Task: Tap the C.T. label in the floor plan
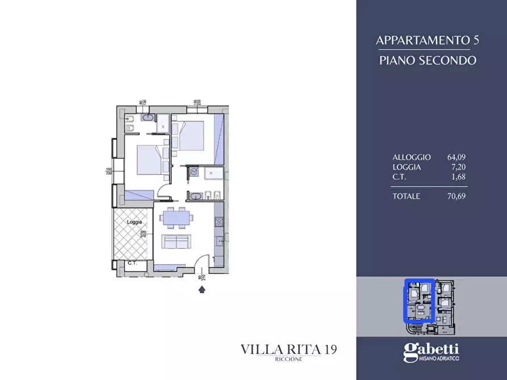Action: pos(133,263)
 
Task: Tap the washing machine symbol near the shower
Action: pos(194,172)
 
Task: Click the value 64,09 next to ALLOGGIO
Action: pos(457,157)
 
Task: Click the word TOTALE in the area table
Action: pos(406,196)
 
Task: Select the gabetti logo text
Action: pos(431,350)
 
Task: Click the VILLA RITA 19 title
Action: pos(288,349)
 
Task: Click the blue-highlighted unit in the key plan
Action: pos(418,300)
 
